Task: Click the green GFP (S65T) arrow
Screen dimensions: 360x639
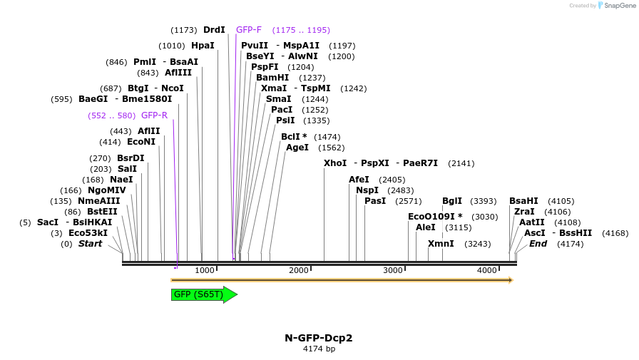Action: pos(203,294)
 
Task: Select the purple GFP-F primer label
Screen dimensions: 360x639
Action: pos(249,30)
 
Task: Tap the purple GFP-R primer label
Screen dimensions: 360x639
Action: pos(154,115)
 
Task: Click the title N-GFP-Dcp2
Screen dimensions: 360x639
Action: pos(319,338)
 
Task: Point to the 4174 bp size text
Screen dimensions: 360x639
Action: pos(319,349)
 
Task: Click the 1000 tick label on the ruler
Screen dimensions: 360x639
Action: pos(205,271)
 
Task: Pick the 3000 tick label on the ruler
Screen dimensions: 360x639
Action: pos(393,271)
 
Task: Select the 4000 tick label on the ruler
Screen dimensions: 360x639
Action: pos(487,271)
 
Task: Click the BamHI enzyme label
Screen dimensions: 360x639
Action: pos(272,78)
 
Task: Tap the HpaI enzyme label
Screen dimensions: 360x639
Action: pos(203,46)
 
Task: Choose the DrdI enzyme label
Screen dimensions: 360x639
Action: pos(214,30)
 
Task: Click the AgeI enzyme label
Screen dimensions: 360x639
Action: pos(297,148)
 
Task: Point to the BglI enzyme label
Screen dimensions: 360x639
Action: pos(452,201)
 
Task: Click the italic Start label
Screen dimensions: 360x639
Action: pos(90,244)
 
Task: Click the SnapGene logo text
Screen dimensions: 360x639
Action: pos(617,6)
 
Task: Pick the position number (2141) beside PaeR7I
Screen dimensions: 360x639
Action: pos(461,163)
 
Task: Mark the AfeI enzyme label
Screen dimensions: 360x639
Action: pos(359,180)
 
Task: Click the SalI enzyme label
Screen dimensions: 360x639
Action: pos(128,169)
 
